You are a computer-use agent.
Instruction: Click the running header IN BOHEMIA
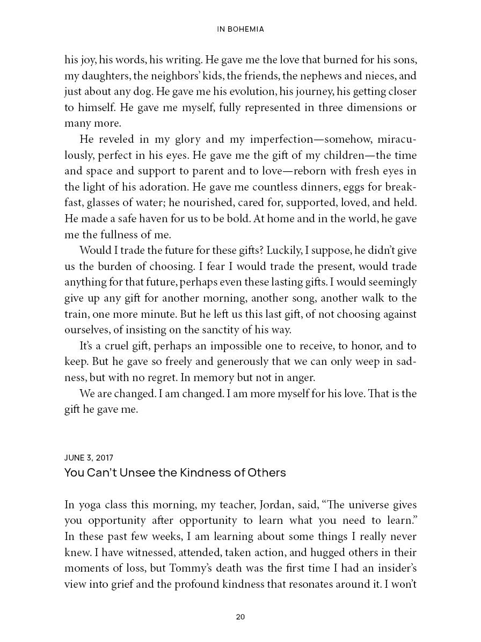click(240, 30)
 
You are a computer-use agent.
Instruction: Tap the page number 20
click(240, 617)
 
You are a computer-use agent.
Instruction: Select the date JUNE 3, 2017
click(89, 458)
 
